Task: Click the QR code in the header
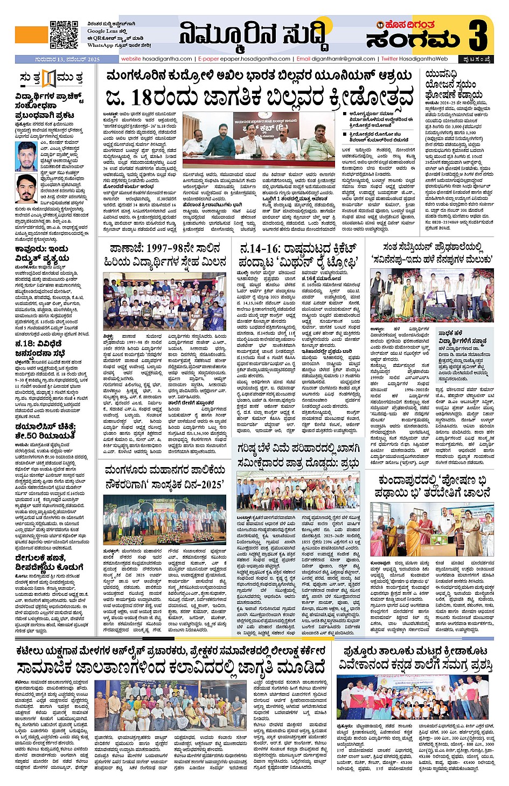click(x=64, y=34)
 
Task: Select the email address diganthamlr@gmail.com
click(x=343, y=59)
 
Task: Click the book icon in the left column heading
click(x=50, y=78)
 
